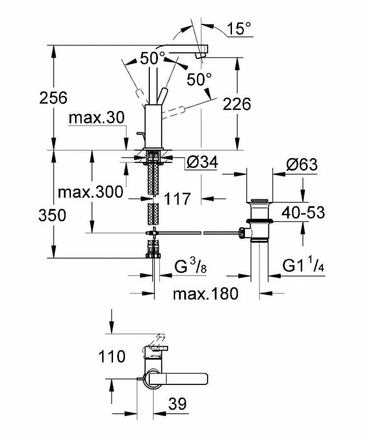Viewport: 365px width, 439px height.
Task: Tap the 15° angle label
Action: click(x=239, y=29)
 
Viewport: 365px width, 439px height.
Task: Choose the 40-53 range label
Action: click(x=303, y=213)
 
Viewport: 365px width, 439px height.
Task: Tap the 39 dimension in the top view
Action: click(x=177, y=405)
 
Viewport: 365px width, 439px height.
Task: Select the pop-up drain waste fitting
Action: click(x=259, y=219)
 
